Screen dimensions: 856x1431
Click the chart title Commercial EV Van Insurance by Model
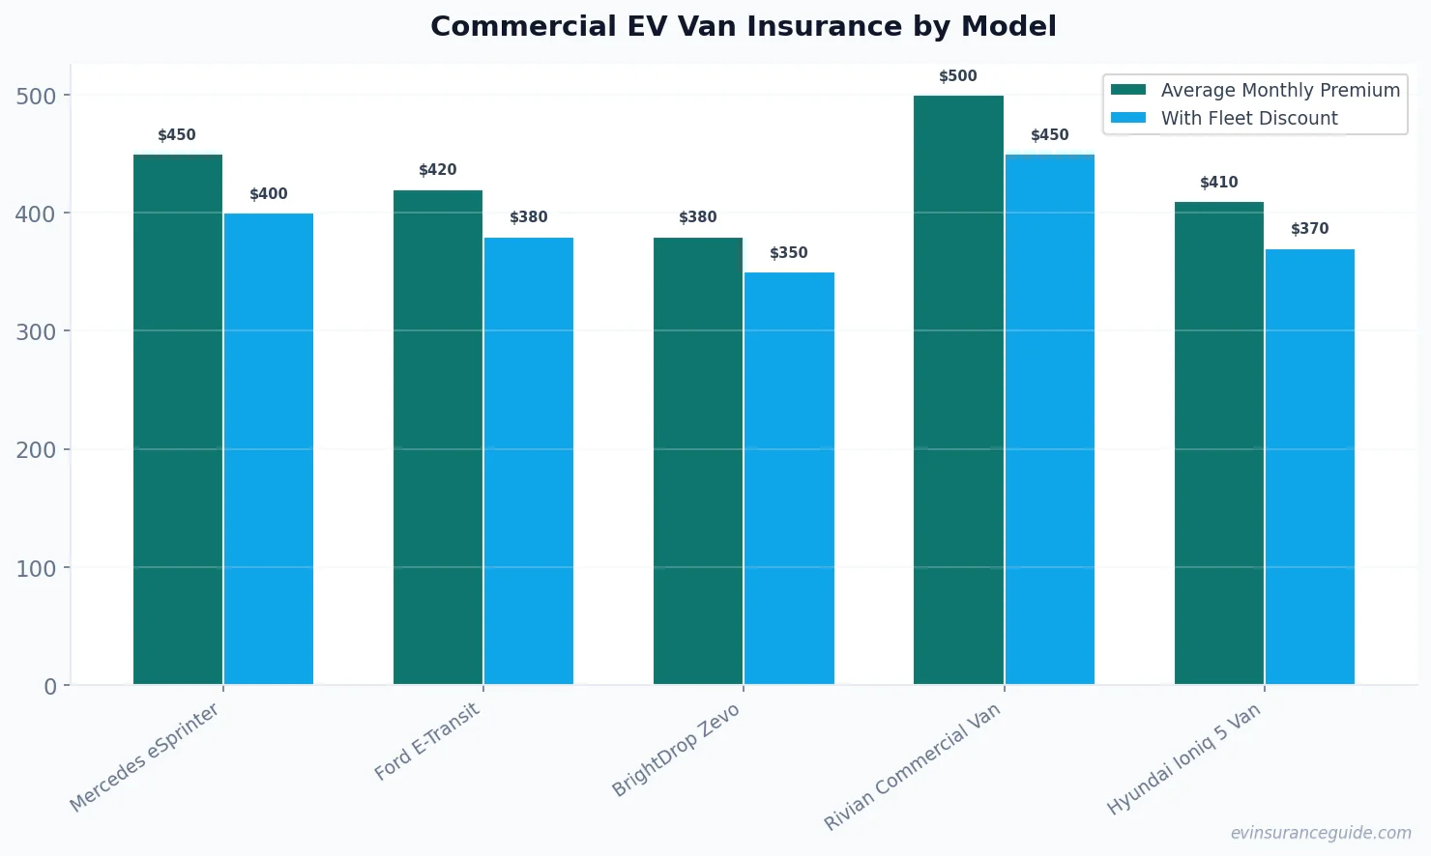coord(743,26)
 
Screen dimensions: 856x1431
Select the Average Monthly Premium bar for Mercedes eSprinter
coord(178,419)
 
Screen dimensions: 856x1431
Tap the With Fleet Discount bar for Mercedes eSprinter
coord(269,449)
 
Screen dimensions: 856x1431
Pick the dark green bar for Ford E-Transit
coord(438,437)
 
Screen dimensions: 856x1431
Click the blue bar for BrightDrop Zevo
coord(789,478)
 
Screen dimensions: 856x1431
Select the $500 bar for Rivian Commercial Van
coord(958,390)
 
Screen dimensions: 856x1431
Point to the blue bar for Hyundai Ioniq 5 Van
coord(1310,467)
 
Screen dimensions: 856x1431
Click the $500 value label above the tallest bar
coord(958,76)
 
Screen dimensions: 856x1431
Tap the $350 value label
coord(789,253)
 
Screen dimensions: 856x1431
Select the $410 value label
coord(1218,183)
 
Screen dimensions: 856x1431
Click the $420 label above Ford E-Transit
coord(438,170)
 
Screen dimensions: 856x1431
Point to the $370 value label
coord(1310,229)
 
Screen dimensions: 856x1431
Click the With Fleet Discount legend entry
coord(1248,118)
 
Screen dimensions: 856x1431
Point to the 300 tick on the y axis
coord(36,332)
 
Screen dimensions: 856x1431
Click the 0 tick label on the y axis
coord(50,687)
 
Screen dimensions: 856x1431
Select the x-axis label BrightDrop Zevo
coord(677,750)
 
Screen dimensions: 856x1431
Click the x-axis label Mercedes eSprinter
coord(145,757)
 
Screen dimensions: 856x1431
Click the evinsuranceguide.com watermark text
coord(1321,833)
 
